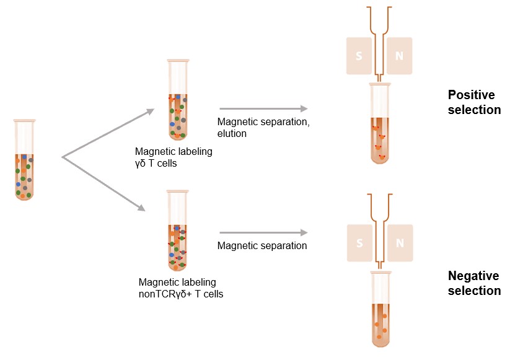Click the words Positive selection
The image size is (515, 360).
point(474,103)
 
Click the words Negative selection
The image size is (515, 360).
point(474,283)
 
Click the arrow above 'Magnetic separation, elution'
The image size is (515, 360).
point(263,108)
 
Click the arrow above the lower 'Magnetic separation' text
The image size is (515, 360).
point(263,233)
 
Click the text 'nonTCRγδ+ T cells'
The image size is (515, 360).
point(181,293)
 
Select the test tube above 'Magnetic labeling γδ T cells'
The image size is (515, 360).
point(177,99)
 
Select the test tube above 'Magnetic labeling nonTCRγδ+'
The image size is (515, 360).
point(177,231)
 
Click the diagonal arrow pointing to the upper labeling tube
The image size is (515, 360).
point(108,133)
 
